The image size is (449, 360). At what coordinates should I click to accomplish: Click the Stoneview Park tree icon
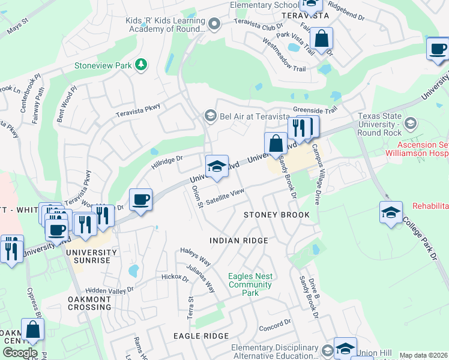point(141,64)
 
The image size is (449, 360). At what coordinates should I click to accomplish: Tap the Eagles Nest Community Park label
point(250,284)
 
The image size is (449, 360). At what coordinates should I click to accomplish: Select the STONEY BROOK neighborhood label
point(276,215)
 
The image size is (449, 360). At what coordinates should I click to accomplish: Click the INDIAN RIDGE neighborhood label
point(238,241)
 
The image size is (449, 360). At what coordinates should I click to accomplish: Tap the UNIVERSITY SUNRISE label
point(88,256)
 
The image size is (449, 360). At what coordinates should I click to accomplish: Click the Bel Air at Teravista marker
point(210,115)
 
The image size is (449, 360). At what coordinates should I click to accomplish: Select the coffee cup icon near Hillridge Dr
point(140,200)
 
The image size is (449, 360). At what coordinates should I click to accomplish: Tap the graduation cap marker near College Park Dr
point(391,212)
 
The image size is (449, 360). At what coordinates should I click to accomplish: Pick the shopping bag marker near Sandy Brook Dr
point(276,144)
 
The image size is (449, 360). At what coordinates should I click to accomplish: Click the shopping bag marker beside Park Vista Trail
point(322,39)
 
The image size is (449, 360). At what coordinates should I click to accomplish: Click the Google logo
point(20,353)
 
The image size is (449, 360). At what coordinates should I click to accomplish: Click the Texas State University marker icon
point(411,124)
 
